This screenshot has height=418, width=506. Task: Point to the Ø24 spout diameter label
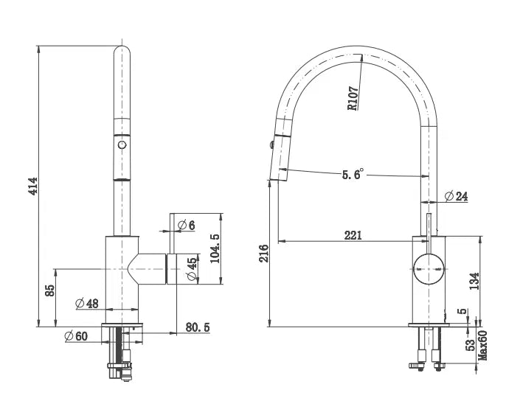457,196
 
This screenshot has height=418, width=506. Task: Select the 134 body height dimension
474,281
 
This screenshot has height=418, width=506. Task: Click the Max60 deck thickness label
484,344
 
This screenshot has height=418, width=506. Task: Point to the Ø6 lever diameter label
187,224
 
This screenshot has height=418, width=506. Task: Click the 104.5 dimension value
214,248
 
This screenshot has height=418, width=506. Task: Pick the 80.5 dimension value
198,327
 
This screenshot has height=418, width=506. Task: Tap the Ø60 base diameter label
76,336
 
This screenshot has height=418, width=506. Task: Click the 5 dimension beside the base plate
462,312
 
